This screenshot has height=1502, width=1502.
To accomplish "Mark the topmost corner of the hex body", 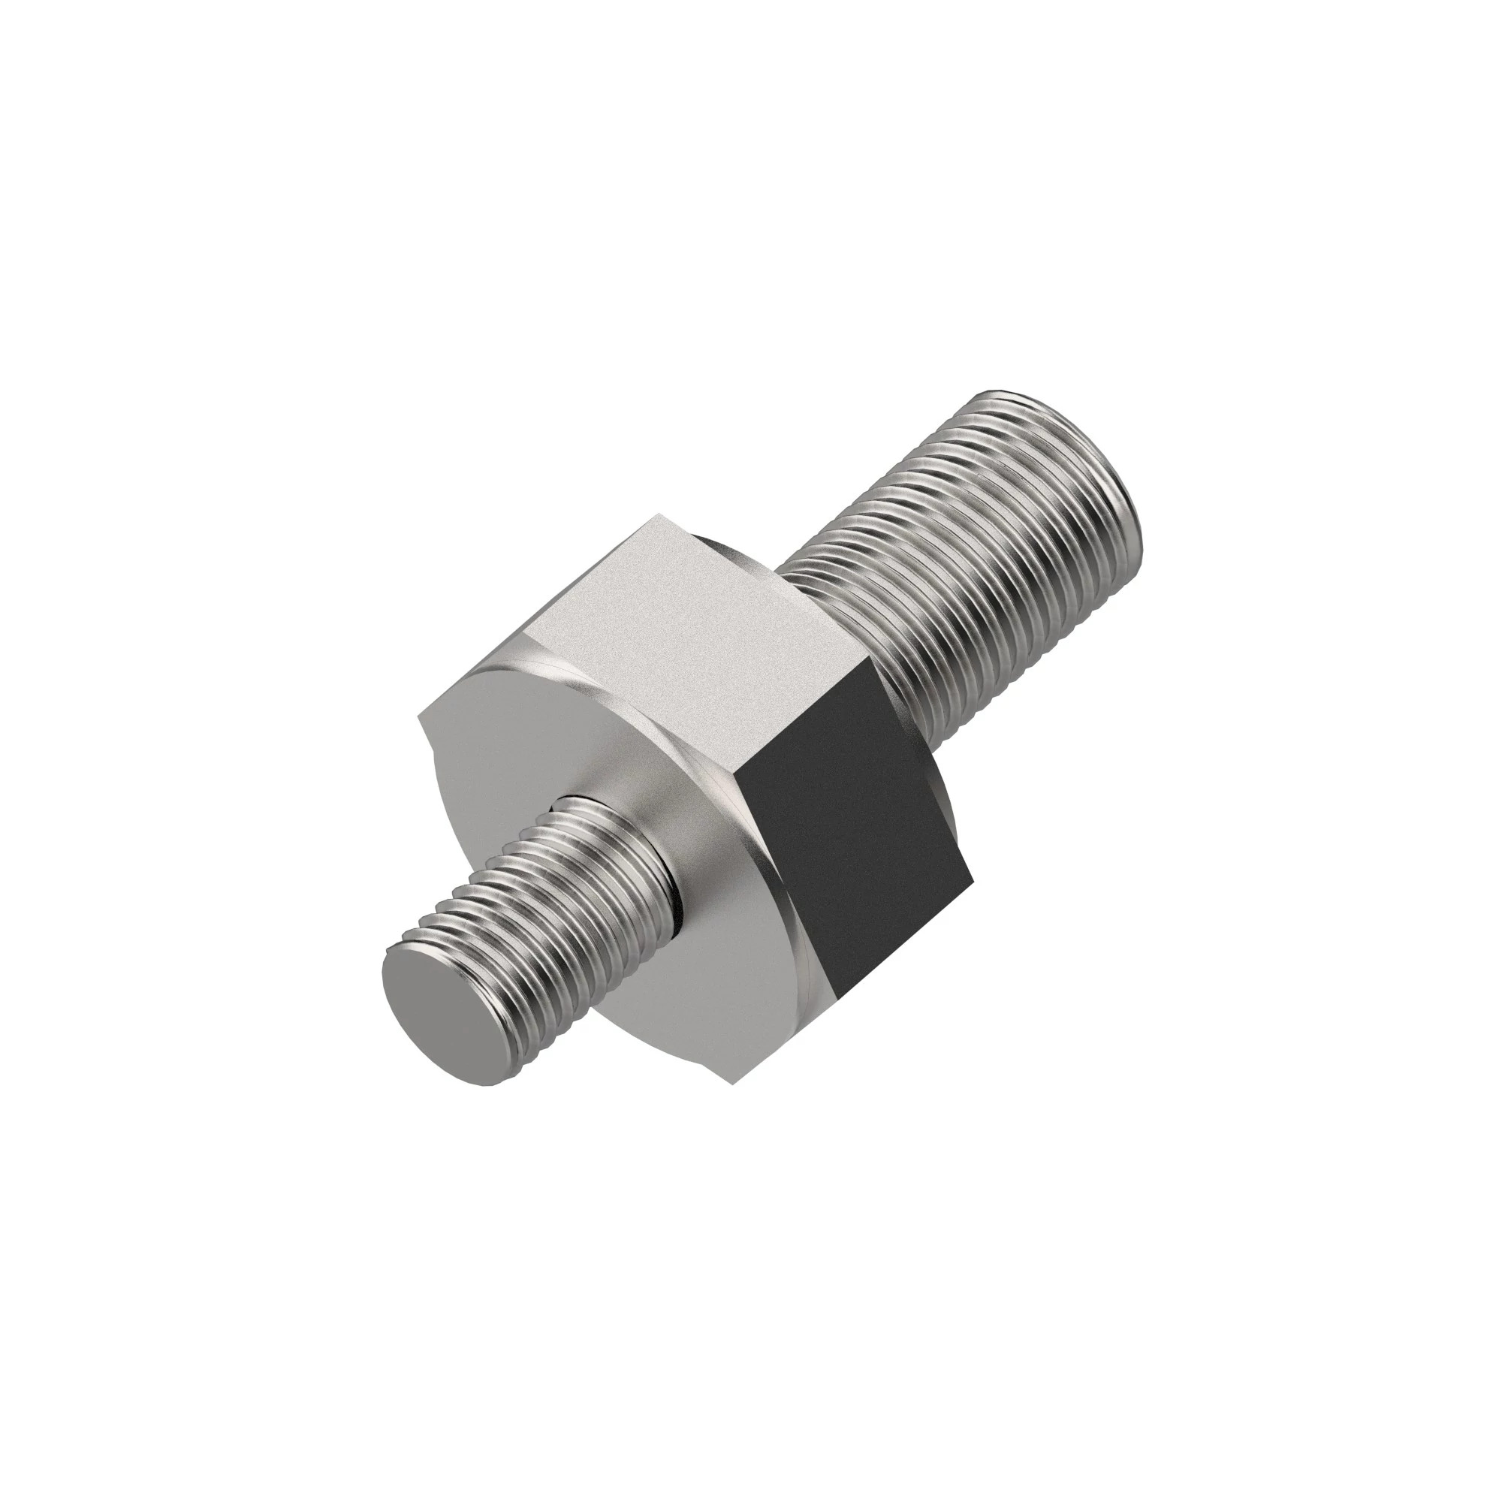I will (659, 514).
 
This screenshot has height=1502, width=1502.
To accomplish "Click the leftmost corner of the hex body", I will (419, 716).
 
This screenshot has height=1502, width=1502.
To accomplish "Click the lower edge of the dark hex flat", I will (902, 941).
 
